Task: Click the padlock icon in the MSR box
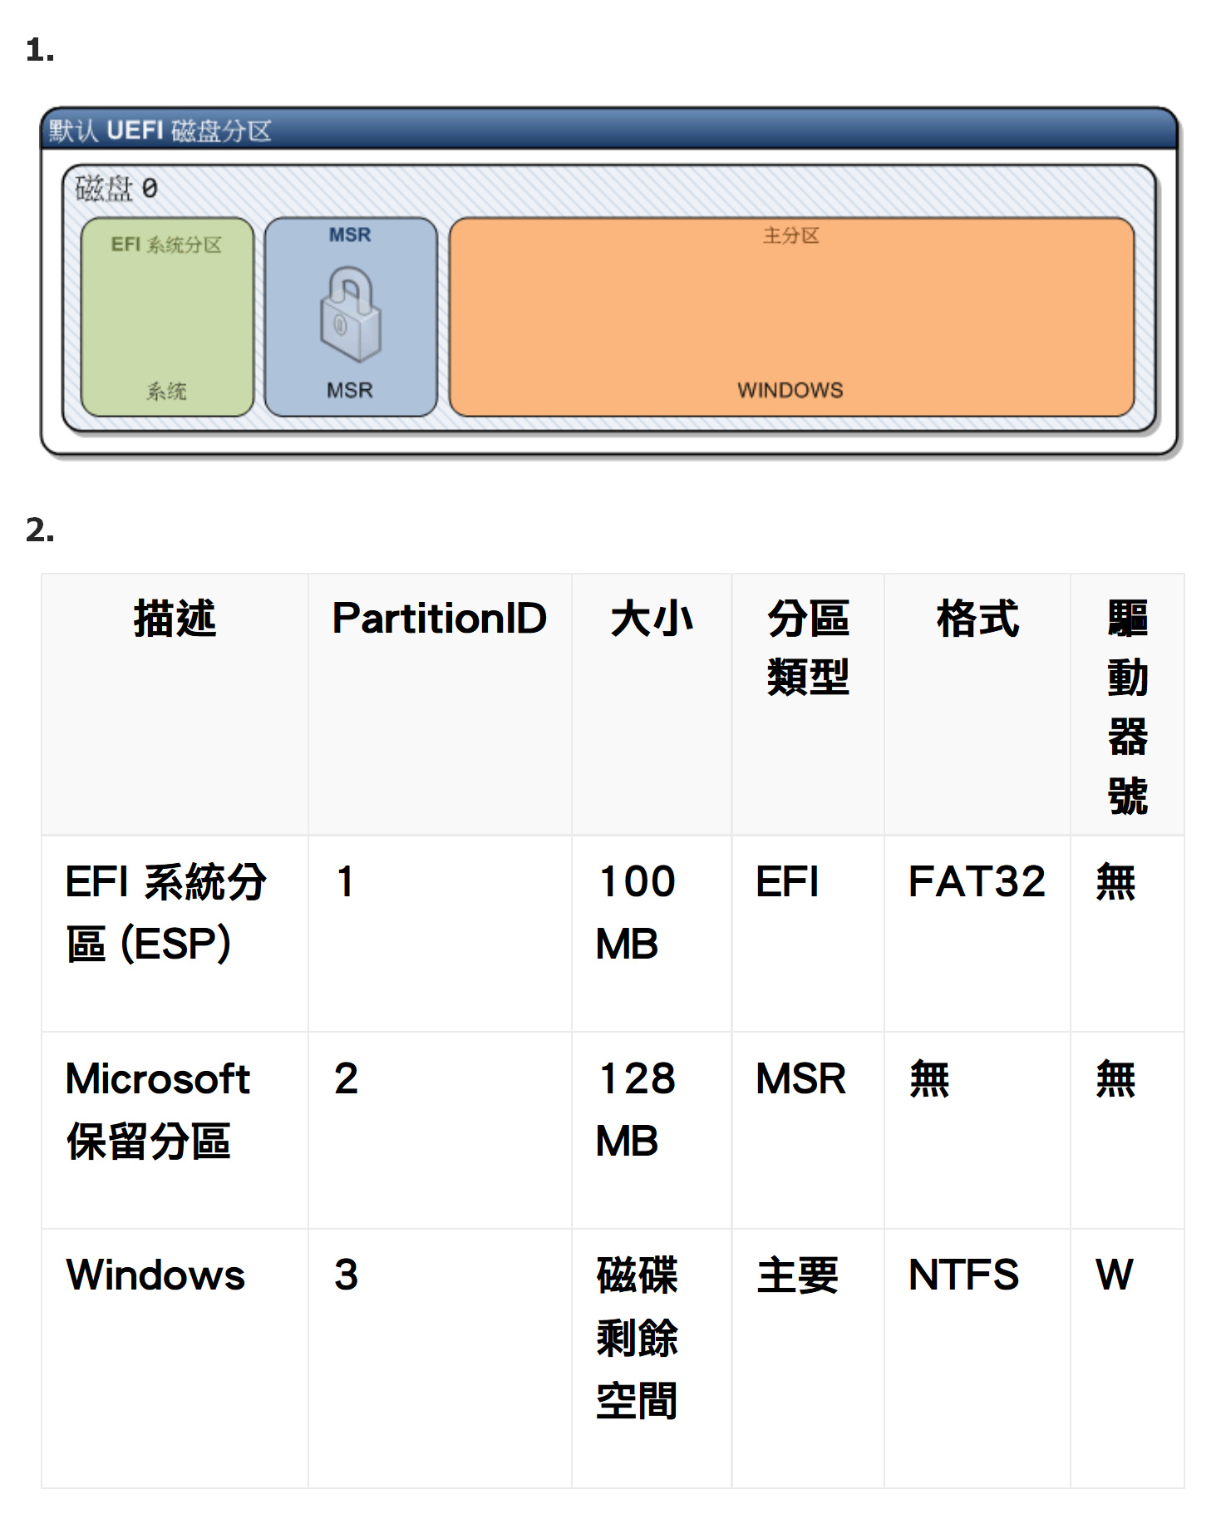351,313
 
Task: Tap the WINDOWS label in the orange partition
790,390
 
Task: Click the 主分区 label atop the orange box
791,236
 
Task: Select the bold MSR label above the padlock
350,235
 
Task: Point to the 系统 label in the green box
167,391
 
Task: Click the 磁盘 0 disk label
116,189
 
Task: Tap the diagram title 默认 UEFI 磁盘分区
160,131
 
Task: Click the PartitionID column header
440,618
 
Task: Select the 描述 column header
175,619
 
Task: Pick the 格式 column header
977,619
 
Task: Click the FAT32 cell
977,881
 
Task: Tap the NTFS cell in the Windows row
963,1275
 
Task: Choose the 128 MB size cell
637,1109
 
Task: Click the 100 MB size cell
637,912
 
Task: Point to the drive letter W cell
1114,1275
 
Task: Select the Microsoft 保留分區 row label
158,1109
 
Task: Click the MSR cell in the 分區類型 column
800,1078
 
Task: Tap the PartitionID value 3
346,1275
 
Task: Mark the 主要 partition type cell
798,1275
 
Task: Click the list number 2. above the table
40,530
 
